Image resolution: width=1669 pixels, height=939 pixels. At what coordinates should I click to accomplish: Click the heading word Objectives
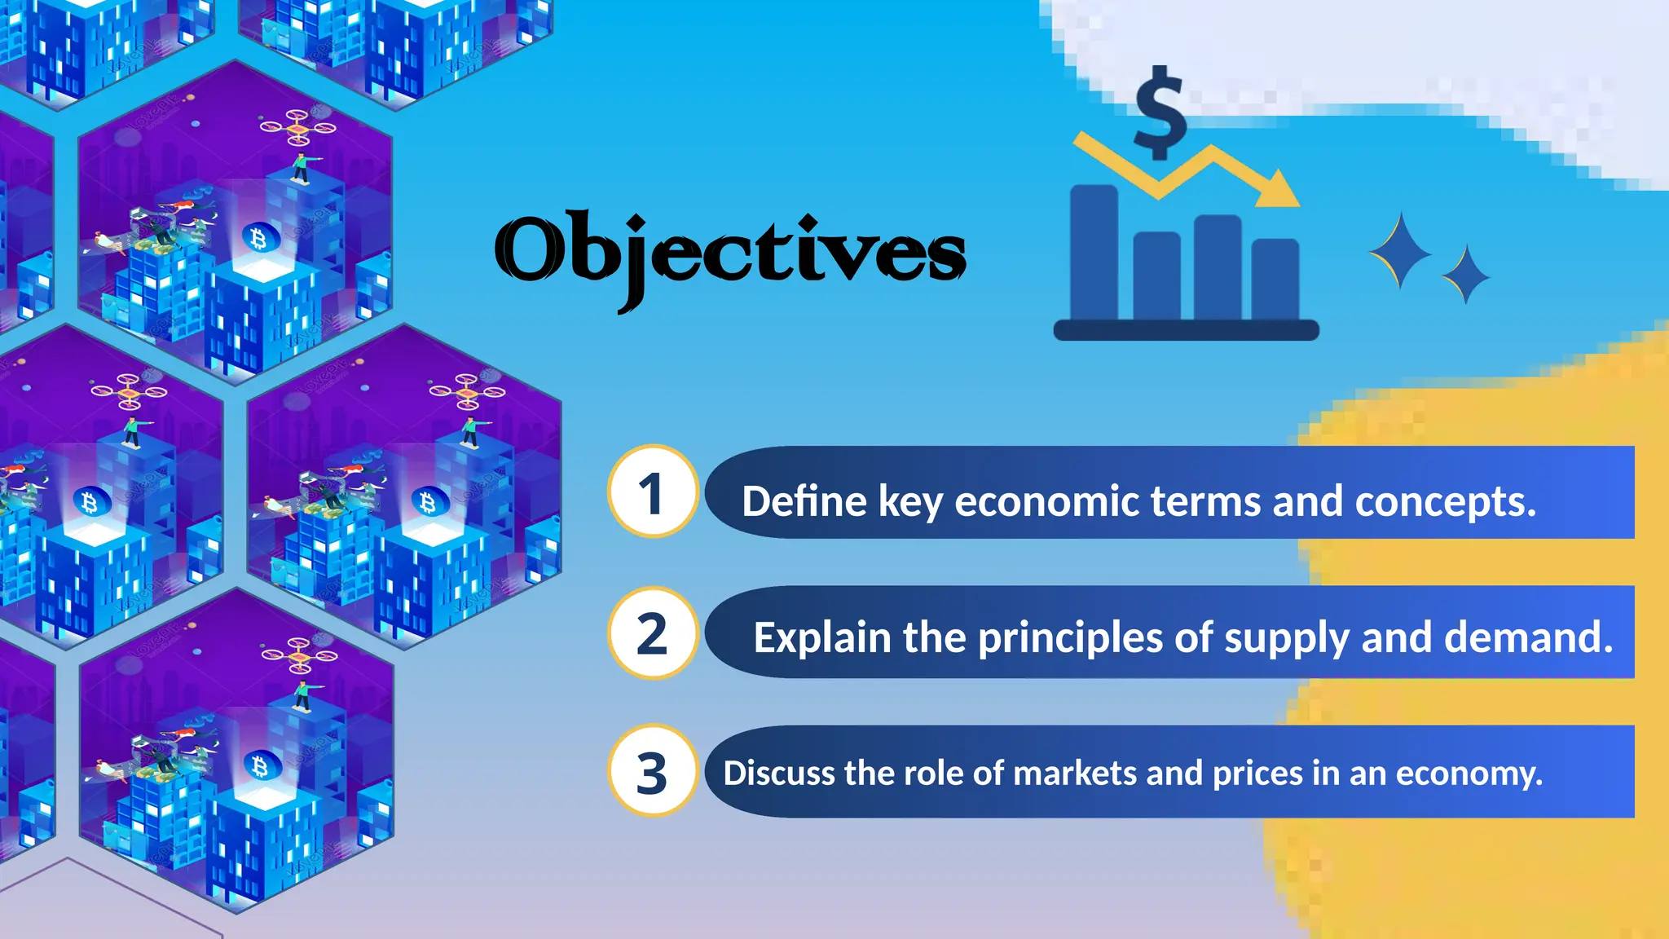tap(729, 253)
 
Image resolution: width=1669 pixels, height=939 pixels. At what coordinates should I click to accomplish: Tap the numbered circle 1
tap(652, 492)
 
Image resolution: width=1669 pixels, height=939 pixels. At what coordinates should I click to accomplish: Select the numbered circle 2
tap(652, 633)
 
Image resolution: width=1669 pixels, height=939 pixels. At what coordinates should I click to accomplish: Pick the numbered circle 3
tap(652, 771)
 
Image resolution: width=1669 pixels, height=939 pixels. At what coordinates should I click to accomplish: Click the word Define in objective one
tap(804, 500)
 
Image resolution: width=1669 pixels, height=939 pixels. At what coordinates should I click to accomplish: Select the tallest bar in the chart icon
tap(1094, 253)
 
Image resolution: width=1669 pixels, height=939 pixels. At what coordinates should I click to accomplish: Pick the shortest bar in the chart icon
tap(1275, 279)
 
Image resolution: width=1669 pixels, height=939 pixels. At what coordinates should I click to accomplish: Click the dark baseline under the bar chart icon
tap(1186, 330)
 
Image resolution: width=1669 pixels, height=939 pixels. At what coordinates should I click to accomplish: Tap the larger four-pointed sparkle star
tap(1400, 251)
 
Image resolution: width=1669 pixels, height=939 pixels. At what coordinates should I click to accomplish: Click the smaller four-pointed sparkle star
tap(1465, 275)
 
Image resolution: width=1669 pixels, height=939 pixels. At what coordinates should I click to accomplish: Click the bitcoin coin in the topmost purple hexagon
tap(260, 239)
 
